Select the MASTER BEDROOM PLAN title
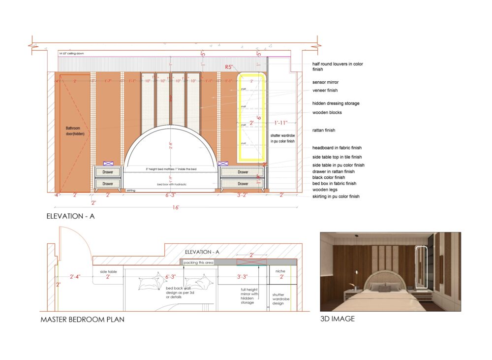tap(82, 320)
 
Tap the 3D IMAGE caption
tap(338, 319)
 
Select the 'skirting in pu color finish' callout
tap(336, 196)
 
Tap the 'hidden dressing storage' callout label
tap(336, 103)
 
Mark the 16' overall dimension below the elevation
tap(176, 207)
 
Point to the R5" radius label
tap(229, 67)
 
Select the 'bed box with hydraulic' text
tap(169, 184)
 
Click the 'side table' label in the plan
tap(108, 271)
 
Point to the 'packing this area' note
tap(198, 262)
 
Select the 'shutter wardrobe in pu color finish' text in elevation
tap(282, 138)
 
